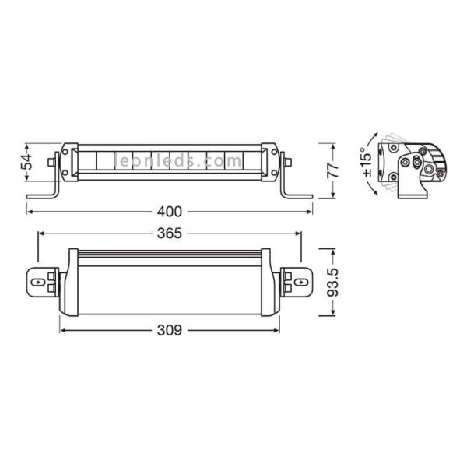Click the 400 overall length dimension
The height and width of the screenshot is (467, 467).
[x=170, y=211]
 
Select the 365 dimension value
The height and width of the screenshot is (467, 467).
[x=170, y=233]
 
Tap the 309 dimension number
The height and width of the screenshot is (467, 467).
[x=170, y=331]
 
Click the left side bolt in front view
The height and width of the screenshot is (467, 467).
[x=52, y=163]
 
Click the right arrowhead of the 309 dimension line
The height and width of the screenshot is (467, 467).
[x=279, y=331]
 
